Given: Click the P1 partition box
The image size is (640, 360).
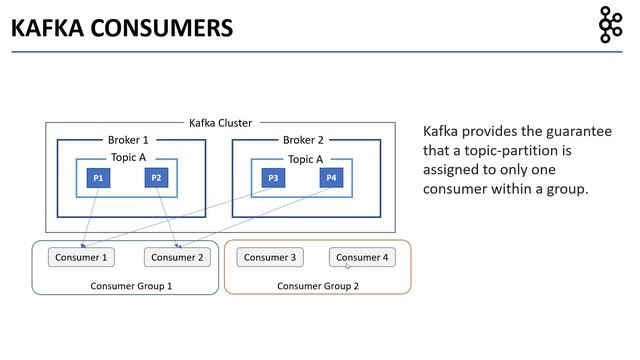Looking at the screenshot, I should pyautogui.click(x=98, y=178).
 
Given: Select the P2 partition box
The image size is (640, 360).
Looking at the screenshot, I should pyautogui.click(x=155, y=178).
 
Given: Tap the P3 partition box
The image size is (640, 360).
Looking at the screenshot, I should pyautogui.click(x=273, y=178).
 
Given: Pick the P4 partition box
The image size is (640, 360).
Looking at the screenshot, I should pyautogui.click(x=331, y=178).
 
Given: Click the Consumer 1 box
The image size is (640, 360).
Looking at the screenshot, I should pyautogui.click(x=81, y=257).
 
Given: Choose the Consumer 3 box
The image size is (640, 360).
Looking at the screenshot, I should pyautogui.click(x=270, y=257).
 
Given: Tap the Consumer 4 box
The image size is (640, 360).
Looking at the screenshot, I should pyautogui.click(x=362, y=257).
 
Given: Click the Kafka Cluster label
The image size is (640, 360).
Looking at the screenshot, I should pyautogui.click(x=220, y=123).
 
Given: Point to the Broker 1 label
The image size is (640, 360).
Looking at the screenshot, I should pyautogui.click(x=127, y=140).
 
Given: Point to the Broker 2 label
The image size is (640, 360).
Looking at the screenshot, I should pyautogui.click(x=304, y=140).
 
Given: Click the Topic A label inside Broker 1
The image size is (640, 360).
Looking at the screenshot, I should pyautogui.click(x=127, y=158).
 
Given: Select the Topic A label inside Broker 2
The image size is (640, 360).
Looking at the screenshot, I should pyautogui.click(x=304, y=159).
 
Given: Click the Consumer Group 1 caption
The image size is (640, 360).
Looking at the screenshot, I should pyautogui.click(x=131, y=286).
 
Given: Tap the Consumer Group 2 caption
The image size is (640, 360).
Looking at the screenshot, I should pyautogui.click(x=317, y=286).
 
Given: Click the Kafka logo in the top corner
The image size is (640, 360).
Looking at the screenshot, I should pyautogui.click(x=609, y=25).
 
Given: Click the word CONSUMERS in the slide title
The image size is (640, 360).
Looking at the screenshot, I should pyautogui.click(x=166, y=27).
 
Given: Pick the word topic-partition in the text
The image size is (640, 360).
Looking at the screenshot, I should pyautogui.click(x=494, y=150).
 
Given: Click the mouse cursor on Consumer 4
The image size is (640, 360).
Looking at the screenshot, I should pyautogui.click(x=348, y=266).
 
